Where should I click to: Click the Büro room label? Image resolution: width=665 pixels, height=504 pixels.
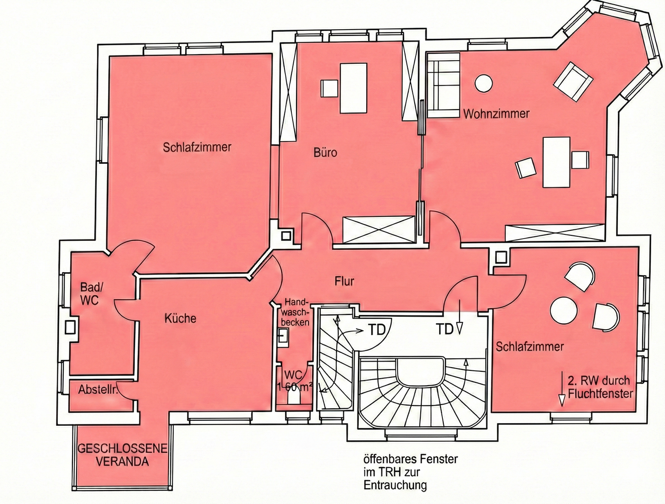(326, 152)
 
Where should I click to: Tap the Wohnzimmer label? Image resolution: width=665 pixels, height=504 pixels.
(496, 114)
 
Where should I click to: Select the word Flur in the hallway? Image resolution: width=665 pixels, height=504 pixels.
(344, 281)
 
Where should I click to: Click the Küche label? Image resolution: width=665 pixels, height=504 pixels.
(180, 319)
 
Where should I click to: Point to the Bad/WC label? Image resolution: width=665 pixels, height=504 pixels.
(90, 294)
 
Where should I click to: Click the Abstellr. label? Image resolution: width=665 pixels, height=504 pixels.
(98, 390)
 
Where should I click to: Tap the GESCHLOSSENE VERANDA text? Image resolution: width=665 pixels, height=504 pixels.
(122, 455)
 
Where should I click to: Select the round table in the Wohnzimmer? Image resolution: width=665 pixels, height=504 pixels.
(484, 83)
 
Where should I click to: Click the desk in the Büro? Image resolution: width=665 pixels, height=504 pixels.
(353, 88)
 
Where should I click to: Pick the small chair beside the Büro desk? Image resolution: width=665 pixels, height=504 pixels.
(329, 89)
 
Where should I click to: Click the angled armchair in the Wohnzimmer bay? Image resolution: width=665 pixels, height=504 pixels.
(573, 81)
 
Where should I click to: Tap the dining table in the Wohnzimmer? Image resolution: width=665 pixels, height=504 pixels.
(556, 162)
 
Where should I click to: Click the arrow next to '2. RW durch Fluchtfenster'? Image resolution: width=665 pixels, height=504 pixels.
(562, 389)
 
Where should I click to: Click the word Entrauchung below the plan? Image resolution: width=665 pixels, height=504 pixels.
(395, 486)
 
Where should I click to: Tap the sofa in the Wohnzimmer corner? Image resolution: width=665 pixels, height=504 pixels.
(443, 85)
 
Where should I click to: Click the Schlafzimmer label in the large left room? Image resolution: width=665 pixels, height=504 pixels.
(197, 148)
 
